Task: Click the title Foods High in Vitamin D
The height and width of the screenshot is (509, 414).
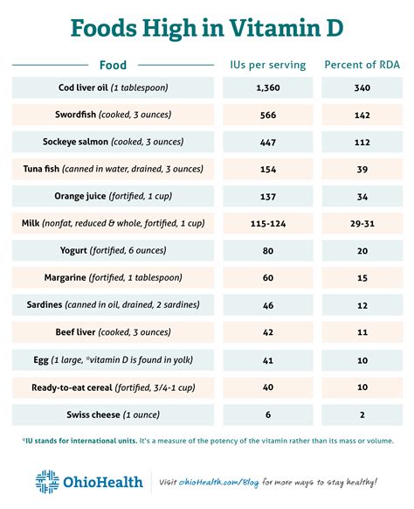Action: (x=207, y=28)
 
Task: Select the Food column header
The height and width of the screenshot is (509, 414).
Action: (x=113, y=66)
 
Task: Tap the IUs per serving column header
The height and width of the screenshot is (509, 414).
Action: (x=268, y=65)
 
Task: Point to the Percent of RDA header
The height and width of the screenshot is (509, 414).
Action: (x=362, y=65)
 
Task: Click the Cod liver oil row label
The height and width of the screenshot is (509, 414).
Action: (x=114, y=87)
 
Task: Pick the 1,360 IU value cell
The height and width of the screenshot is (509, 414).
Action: (x=268, y=87)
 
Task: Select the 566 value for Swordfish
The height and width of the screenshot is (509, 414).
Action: (x=268, y=115)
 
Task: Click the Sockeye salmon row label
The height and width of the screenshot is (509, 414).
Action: (x=114, y=142)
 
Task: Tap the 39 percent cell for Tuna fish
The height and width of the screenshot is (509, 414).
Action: (x=362, y=169)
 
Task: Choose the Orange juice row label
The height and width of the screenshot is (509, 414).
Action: (x=114, y=196)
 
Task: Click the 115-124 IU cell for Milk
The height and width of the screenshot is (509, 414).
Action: (x=268, y=224)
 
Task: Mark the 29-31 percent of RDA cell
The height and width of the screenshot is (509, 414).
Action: (x=362, y=224)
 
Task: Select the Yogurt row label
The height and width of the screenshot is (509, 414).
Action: (x=114, y=251)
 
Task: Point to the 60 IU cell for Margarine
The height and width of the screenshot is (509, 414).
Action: (x=268, y=278)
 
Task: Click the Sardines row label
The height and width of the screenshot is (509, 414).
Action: (x=114, y=305)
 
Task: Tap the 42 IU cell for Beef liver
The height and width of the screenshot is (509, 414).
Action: (x=268, y=332)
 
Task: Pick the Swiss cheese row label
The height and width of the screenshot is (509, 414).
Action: (x=114, y=415)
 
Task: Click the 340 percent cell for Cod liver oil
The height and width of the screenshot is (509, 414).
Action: (x=362, y=87)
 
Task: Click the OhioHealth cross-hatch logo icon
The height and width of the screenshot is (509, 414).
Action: (x=47, y=482)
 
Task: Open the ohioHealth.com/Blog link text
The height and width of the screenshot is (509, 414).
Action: (x=219, y=483)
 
